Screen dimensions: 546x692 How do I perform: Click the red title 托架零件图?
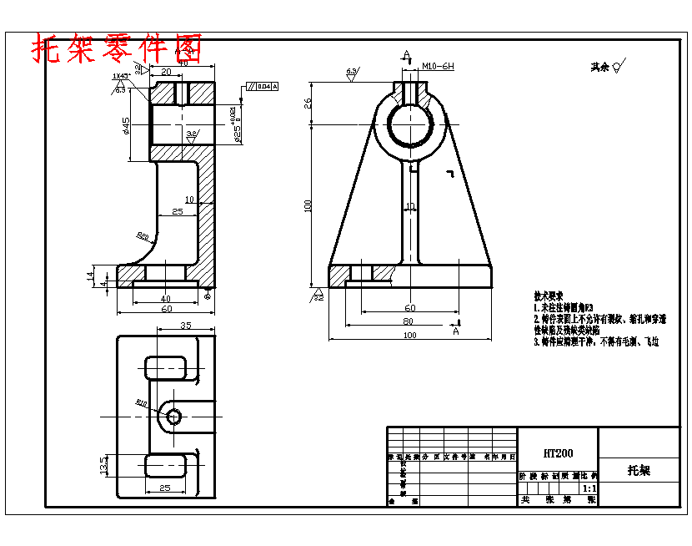point(116,49)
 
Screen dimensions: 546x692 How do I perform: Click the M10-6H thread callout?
point(438,65)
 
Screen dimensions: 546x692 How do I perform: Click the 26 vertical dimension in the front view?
point(308,103)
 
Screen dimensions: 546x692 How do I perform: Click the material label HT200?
point(558,453)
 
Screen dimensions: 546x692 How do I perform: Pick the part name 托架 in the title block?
point(639,470)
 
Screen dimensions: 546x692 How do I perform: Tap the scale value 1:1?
point(589,488)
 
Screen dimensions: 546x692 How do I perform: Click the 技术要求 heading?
point(549,296)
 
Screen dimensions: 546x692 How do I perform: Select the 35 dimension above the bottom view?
point(185,326)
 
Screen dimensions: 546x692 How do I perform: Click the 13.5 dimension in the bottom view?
point(103,463)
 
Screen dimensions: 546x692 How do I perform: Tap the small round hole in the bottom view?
point(173,416)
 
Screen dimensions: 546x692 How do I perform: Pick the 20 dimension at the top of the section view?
point(167,73)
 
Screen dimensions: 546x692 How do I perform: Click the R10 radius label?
point(142,403)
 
